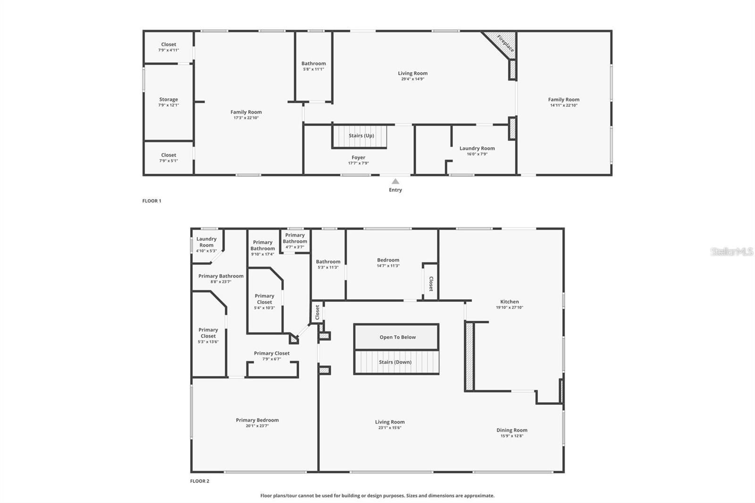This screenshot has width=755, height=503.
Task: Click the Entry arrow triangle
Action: [395, 182]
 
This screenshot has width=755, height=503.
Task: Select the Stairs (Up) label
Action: [361, 136]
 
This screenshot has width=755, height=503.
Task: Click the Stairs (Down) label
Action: [395, 362]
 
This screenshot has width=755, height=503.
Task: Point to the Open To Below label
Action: [397, 337]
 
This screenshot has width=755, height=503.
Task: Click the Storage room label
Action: [168, 100]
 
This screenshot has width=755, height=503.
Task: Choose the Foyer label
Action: [358, 158]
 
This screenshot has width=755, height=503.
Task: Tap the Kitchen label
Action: [509, 302]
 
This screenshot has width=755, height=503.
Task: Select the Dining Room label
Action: [512, 430]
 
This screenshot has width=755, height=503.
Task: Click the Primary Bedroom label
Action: [257, 420]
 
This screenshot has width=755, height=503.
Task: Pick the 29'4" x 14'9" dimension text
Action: [412, 79]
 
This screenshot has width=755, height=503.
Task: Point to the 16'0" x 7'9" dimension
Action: [477, 154]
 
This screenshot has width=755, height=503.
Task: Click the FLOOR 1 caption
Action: [152, 201]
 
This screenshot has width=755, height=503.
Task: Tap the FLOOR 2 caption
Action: [200, 481]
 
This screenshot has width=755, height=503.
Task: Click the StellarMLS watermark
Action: [731, 252]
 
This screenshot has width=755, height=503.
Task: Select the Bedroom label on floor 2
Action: [388, 260]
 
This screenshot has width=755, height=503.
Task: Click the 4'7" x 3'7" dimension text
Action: [295, 247]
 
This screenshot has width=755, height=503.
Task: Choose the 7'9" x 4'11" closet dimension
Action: [168, 50]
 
